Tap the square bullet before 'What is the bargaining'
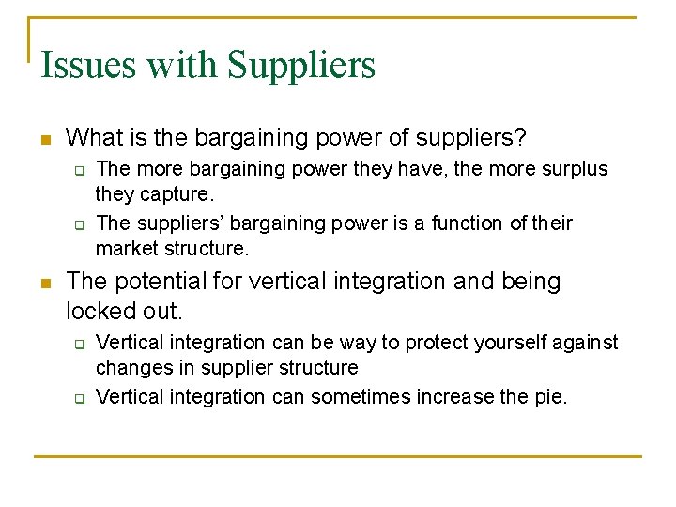coord(44,140)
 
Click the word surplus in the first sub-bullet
coord(573,169)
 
